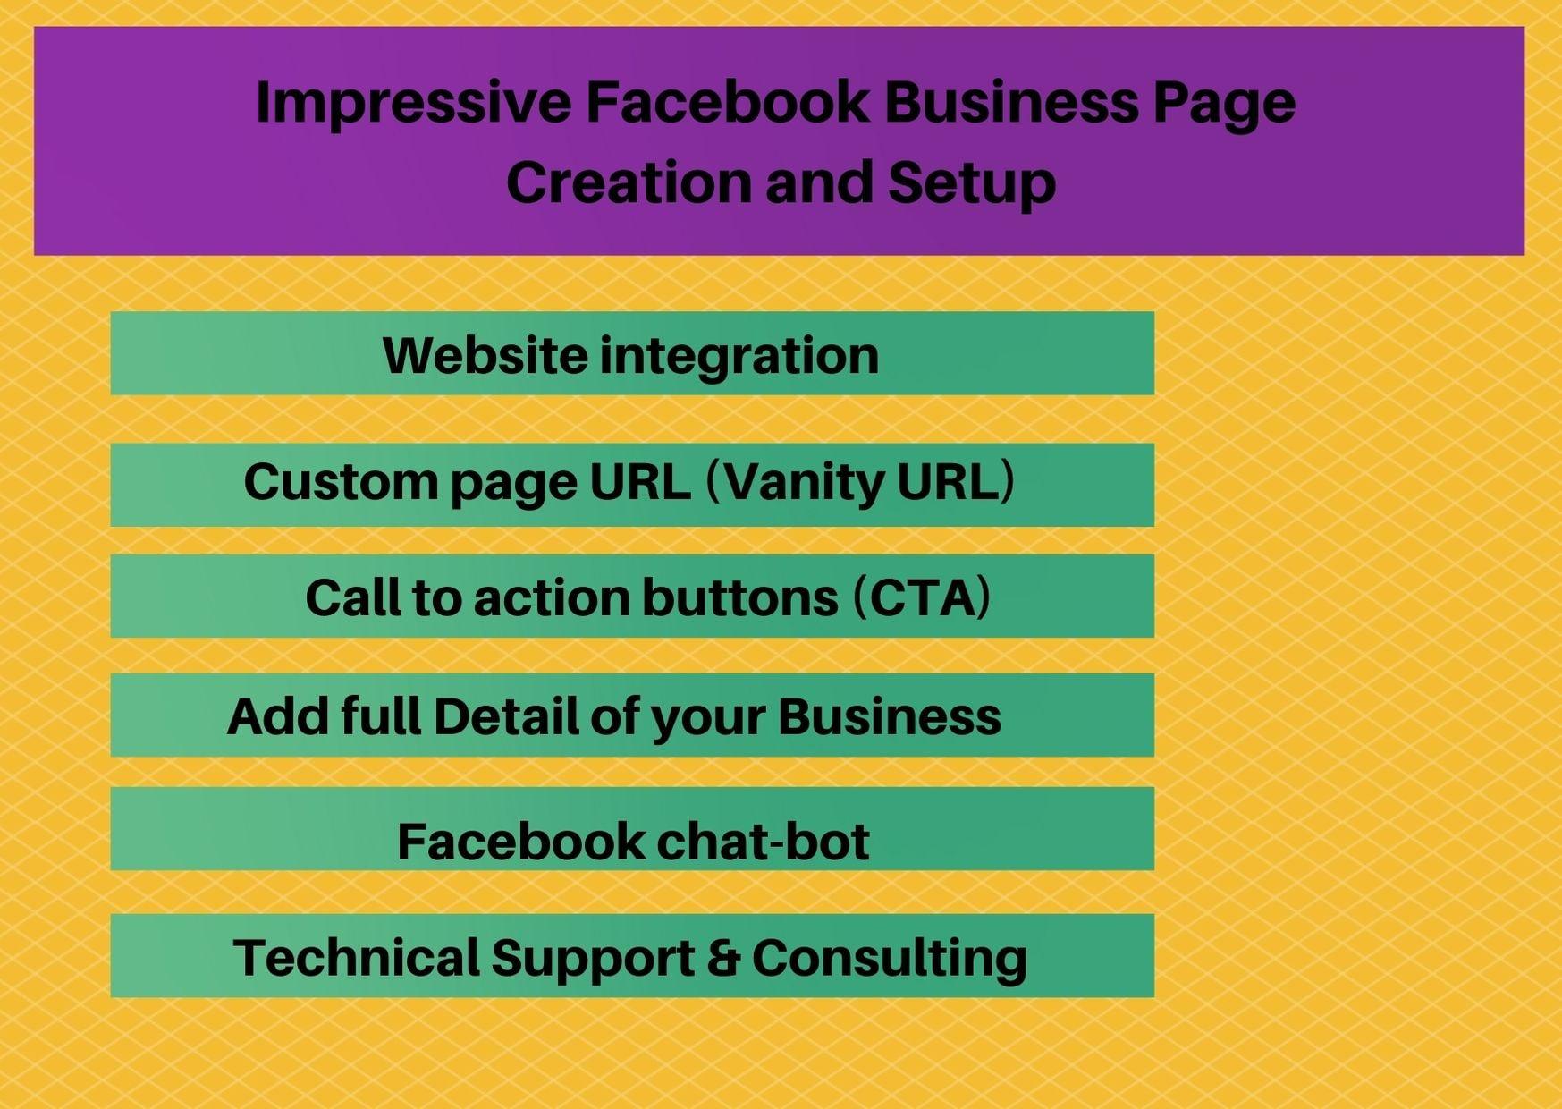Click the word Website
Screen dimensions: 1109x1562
tap(485, 355)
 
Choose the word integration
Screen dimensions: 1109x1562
tap(739, 357)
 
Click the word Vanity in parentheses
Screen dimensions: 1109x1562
tap(802, 483)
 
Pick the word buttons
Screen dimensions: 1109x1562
tap(740, 597)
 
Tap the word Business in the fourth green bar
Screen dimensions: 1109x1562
tap(890, 716)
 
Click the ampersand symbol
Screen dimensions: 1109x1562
tap(722, 958)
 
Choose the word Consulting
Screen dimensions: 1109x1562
tap(890, 959)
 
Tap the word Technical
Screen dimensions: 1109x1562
tap(356, 957)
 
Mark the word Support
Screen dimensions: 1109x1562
tap(593, 959)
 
